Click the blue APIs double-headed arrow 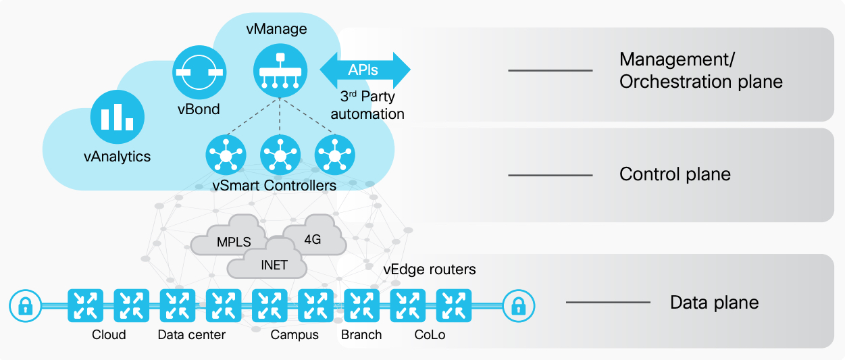click(x=365, y=70)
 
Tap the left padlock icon click(x=25, y=306)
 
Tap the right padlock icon click(x=518, y=306)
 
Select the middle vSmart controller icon click(x=280, y=155)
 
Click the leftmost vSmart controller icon click(x=225, y=155)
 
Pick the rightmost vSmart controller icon click(x=334, y=155)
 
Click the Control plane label click(x=675, y=174)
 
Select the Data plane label click(x=714, y=303)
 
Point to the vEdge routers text click(x=430, y=269)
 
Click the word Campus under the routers click(x=295, y=335)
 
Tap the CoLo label click(x=430, y=335)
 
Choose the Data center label click(x=191, y=335)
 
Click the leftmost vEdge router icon click(x=85, y=306)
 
